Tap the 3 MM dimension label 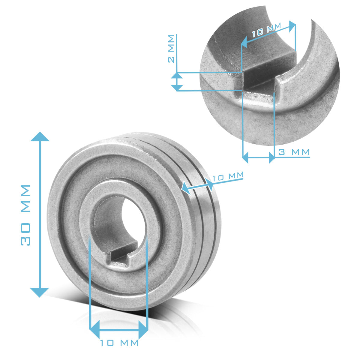click(294, 152)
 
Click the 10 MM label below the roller click(119, 343)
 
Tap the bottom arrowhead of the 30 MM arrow click(40, 292)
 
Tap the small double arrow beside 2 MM click(177, 82)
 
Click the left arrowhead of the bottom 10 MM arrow click(95, 329)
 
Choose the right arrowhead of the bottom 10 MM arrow click(143, 329)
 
